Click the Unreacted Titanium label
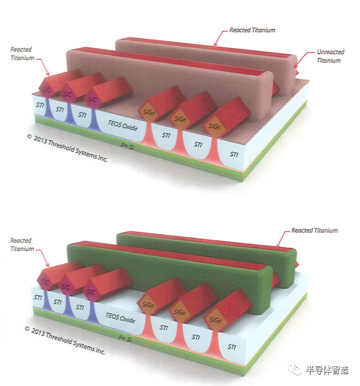click(x=330, y=56)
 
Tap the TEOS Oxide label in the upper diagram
click(x=123, y=125)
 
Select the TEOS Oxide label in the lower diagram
click(x=120, y=317)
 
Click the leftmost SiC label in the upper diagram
click(x=46, y=90)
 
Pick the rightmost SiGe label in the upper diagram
click(x=214, y=126)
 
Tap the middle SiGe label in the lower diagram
click(x=179, y=312)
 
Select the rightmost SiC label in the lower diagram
click(x=91, y=292)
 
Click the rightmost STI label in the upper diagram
click(x=234, y=154)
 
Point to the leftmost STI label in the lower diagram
click(x=38, y=297)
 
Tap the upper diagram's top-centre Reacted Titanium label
click(x=253, y=30)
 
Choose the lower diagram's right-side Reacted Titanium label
click(x=315, y=231)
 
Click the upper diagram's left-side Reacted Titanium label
click(x=22, y=53)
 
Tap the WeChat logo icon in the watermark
click(x=295, y=370)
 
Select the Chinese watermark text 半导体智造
click(x=328, y=370)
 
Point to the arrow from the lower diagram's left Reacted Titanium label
click(x=42, y=258)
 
